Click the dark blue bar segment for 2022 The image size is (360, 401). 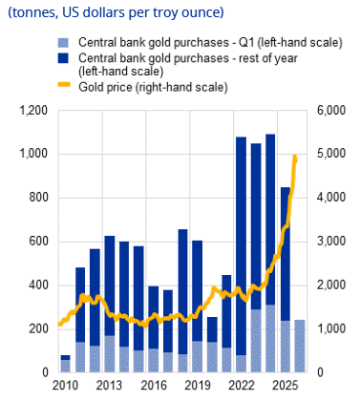(x=241, y=245)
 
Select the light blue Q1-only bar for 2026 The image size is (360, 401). (x=300, y=346)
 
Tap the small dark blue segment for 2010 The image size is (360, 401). (x=65, y=357)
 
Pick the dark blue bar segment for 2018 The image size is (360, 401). (x=182, y=291)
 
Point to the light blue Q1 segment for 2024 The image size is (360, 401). (x=270, y=339)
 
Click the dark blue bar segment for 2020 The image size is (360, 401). (x=212, y=329)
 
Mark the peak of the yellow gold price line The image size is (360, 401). (x=295, y=156)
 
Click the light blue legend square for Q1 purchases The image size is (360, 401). (x=63, y=43)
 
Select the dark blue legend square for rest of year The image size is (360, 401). (x=63, y=58)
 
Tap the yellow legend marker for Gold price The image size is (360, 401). (x=64, y=85)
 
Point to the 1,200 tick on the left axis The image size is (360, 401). (x=33, y=111)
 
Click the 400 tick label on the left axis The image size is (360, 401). (x=38, y=285)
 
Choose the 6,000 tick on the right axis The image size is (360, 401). (x=331, y=111)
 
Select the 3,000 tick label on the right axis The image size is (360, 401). (x=331, y=242)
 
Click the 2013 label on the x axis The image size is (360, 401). (x=109, y=386)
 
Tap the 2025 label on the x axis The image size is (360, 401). (x=286, y=386)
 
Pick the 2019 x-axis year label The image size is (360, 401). (x=198, y=386)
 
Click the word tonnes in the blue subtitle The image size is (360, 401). (x=34, y=12)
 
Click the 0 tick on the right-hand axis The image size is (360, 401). (x=320, y=372)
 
